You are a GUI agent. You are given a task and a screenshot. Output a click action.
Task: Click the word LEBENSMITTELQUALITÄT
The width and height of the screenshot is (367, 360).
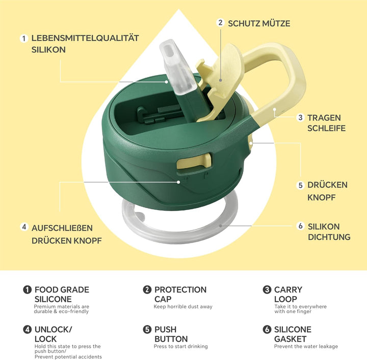85,38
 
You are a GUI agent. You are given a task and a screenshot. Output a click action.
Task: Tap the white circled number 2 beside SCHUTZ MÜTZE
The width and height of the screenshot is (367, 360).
220,23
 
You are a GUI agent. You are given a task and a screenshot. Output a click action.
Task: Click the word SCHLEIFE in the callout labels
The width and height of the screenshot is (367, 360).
327,128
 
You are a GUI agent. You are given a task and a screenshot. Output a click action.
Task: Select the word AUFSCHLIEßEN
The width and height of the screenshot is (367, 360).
62,228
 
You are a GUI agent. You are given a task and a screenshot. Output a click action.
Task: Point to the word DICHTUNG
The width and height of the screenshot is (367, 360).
329,237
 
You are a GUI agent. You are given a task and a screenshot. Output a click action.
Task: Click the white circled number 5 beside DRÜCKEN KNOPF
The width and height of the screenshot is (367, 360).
301,186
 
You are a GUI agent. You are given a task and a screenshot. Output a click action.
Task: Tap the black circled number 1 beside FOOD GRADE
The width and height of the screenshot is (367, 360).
27,290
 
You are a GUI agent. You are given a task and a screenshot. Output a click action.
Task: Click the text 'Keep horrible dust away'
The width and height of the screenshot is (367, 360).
183,306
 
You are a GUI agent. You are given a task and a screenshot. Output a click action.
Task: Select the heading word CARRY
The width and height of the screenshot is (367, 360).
288,290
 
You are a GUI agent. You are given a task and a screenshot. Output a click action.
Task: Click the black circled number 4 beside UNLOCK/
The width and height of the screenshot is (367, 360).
27,329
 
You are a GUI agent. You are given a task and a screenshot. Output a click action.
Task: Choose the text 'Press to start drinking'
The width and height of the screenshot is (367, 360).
180,346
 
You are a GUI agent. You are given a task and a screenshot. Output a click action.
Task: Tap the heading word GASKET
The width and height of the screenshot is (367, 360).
290,339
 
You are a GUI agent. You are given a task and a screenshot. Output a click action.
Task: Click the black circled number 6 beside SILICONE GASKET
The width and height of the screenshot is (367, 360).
267,329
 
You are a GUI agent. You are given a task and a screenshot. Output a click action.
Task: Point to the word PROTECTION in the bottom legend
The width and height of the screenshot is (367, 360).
180,290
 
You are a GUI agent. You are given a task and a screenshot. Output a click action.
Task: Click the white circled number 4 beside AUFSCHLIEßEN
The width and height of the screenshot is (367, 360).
24,227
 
